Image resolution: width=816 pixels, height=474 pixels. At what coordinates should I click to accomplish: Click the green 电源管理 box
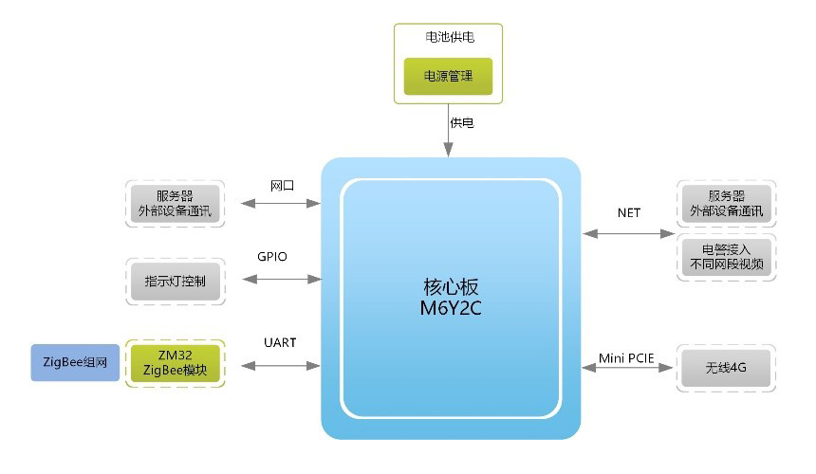449,75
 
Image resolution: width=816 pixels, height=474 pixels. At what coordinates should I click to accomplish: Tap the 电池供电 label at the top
449,38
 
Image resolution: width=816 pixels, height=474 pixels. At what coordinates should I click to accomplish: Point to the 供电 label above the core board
463,123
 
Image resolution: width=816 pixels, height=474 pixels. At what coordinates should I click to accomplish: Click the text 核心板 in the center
449,286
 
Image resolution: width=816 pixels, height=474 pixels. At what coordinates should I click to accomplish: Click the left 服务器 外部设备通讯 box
176,202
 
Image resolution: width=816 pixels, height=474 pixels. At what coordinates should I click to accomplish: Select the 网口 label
282,186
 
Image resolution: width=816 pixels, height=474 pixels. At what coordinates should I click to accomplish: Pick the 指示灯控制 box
176,281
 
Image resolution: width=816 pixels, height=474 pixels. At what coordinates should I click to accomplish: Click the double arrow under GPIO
282,279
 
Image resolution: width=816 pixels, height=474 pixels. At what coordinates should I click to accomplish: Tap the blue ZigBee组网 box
76,361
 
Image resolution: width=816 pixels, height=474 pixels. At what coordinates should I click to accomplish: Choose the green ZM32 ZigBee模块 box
176,361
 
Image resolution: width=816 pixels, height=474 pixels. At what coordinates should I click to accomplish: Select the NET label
629,212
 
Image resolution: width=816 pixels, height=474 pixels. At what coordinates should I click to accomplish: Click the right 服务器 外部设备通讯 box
727,202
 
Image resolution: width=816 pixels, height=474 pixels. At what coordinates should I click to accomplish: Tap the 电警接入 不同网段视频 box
727,256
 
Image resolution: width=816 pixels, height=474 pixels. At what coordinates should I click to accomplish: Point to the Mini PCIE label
629,357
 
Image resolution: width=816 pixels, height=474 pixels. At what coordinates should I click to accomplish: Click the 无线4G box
727,368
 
